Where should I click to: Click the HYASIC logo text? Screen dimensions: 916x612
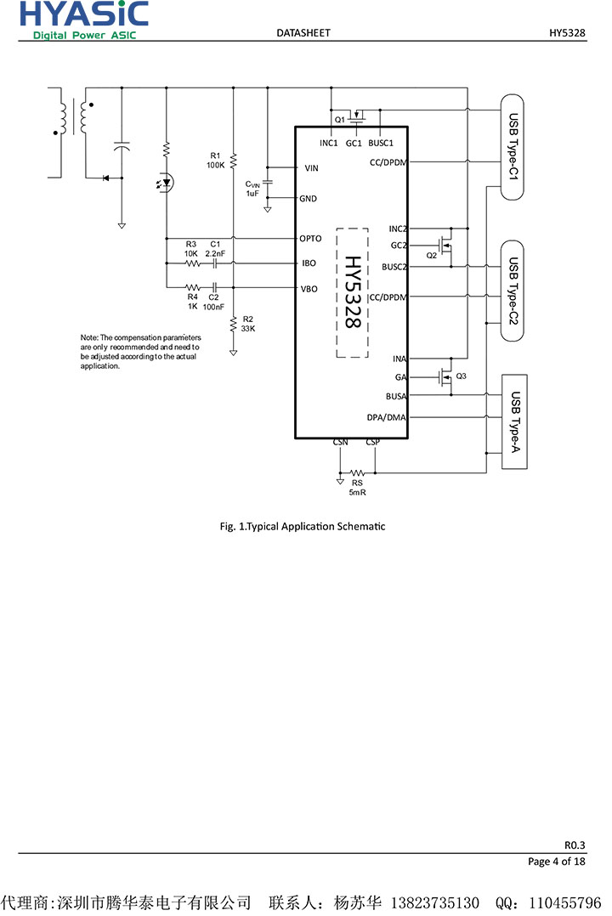[84, 14]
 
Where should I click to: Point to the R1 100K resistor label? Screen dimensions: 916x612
[215, 160]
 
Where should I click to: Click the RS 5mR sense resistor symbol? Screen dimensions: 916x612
[358, 472]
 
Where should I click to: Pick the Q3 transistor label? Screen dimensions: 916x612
[462, 376]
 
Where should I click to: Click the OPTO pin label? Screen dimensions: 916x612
[310, 239]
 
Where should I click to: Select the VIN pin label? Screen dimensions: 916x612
[311, 168]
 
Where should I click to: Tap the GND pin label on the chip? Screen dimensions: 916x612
[308, 199]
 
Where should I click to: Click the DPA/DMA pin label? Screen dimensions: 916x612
[387, 417]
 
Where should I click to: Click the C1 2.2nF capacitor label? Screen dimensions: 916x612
[215, 249]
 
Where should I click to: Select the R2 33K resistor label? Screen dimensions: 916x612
[248, 323]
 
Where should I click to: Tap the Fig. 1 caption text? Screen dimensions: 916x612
[303, 526]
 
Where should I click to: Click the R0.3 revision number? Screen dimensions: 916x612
[575, 845]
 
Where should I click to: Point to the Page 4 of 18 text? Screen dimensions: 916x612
[557, 862]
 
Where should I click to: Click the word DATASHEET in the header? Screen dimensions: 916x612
[303, 33]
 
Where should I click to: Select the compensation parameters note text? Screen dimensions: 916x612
[140, 352]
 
